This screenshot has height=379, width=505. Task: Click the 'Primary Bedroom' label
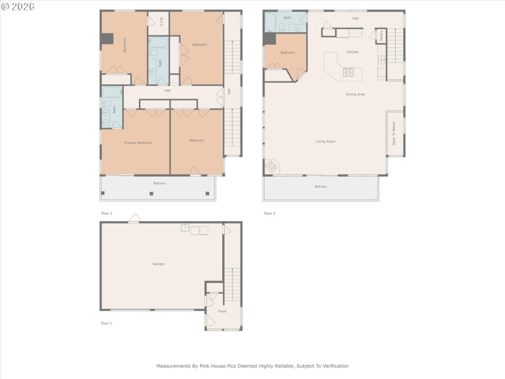[137, 143]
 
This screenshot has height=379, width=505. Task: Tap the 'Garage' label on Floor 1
[158, 263]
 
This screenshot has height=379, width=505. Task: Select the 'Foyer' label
[222, 311]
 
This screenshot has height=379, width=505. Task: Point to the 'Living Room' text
[325, 141]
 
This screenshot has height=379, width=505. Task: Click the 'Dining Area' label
[355, 94]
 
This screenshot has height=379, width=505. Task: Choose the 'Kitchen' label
[352, 52]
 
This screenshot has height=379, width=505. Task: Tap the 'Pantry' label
[381, 36]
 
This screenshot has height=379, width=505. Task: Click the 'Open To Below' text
[394, 134]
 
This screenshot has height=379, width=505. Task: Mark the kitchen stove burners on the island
[348, 72]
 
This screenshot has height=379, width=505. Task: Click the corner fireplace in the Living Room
[271, 166]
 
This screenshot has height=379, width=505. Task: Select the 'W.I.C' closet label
[161, 23]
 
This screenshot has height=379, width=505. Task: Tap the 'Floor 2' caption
[107, 214]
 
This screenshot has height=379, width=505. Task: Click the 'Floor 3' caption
[270, 214]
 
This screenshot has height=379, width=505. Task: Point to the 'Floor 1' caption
[106, 323]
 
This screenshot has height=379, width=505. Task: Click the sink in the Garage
[185, 228]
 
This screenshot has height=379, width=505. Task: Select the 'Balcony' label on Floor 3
[321, 186]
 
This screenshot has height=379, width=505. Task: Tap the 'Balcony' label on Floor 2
[160, 183]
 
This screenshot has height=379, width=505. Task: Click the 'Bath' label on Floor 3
[287, 18]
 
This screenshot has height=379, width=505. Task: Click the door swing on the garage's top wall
[134, 218]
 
